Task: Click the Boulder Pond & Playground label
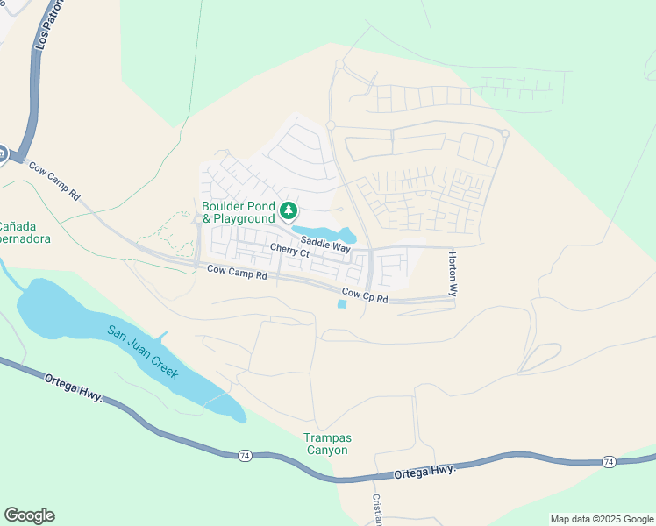pos(239,212)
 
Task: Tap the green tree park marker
pos(289,210)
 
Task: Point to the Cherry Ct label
pos(290,252)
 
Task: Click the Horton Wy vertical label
pos(453,274)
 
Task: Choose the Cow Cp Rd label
pos(365,296)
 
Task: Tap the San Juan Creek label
pos(143,352)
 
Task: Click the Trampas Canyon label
pos(326,444)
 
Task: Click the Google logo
pos(29,515)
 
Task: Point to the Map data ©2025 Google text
pos(601,519)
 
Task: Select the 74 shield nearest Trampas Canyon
pos(244,456)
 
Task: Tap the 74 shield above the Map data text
pos(609,462)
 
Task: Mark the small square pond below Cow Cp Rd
pos(341,304)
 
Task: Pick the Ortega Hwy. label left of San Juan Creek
pos(74,386)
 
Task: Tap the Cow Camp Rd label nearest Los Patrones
pos(54,180)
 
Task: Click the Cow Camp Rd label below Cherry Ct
pos(237,274)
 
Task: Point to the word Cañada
pos(18,224)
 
